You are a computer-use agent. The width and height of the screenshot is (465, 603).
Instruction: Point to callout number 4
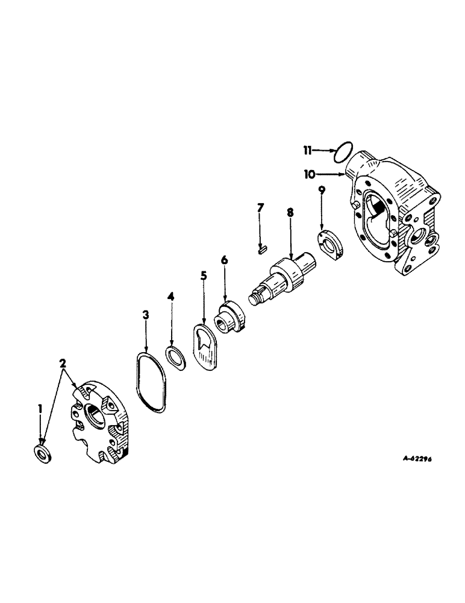tap(171, 297)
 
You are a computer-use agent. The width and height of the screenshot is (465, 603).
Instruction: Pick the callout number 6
tap(224, 260)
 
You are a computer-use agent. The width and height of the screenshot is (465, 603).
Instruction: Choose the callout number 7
tap(260, 209)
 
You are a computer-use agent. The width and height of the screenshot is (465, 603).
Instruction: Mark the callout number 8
tap(290, 213)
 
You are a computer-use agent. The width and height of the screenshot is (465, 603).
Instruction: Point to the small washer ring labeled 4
tap(175, 356)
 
